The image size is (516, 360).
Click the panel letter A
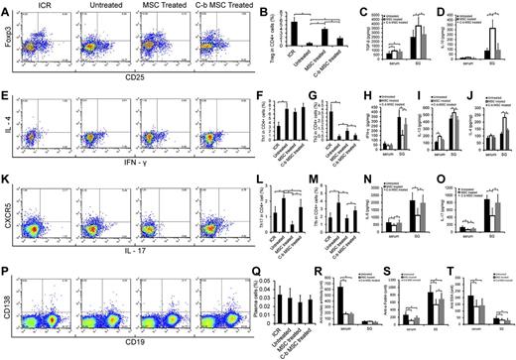coord(6,7)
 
